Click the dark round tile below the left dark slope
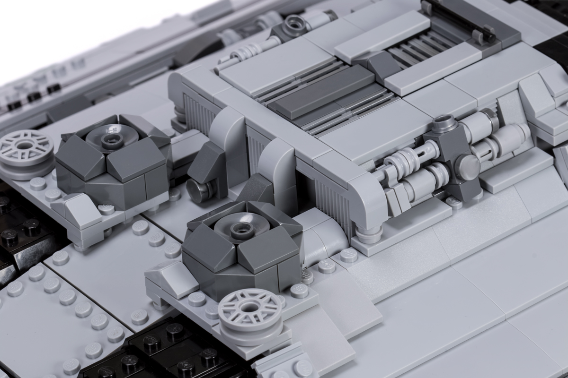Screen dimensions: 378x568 (197, 190)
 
